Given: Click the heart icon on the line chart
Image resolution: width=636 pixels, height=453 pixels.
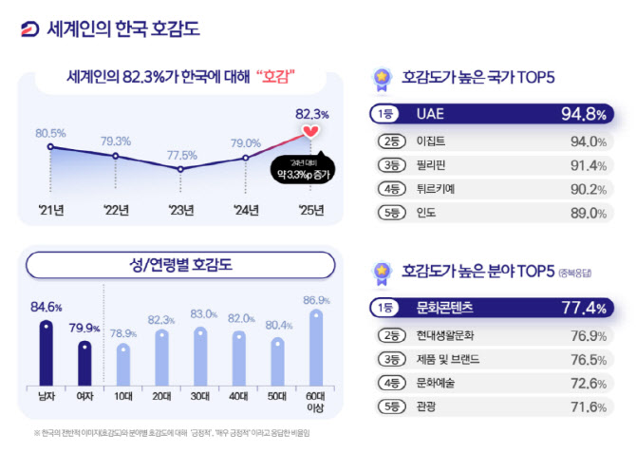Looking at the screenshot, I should (x=309, y=131).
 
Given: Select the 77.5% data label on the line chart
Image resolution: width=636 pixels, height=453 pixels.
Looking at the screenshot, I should (x=181, y=155).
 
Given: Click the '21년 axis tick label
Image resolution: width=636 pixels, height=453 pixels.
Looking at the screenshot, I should (x=49, y=209).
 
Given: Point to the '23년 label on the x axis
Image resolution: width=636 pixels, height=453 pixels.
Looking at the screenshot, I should (x=181, y=209).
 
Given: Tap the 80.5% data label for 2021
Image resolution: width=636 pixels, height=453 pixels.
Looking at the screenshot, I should (x=50, y=132).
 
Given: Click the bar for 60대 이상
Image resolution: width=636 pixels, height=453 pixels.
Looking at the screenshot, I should (x=316, y=347).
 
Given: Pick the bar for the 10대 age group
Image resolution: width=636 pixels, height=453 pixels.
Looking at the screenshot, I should (x=122, y=363).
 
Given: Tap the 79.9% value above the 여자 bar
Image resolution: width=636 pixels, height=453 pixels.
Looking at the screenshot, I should (x=85, y=329).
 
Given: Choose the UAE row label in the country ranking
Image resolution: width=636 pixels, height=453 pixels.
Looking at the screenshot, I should (x=430, y=114).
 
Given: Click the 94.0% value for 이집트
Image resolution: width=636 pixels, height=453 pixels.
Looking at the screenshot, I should (x=588, y=142).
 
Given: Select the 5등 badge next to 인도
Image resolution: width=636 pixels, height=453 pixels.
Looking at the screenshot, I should (x=389, y=213).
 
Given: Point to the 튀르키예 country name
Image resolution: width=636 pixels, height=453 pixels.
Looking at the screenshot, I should (x=436, y=189).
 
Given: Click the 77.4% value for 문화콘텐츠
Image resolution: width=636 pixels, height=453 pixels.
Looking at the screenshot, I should (x=582, y=308).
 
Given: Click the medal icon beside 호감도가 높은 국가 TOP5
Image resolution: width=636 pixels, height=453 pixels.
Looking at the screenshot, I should (x=381, y=75).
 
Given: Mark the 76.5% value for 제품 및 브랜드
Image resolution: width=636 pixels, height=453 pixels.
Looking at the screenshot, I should (x=588, y=360).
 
